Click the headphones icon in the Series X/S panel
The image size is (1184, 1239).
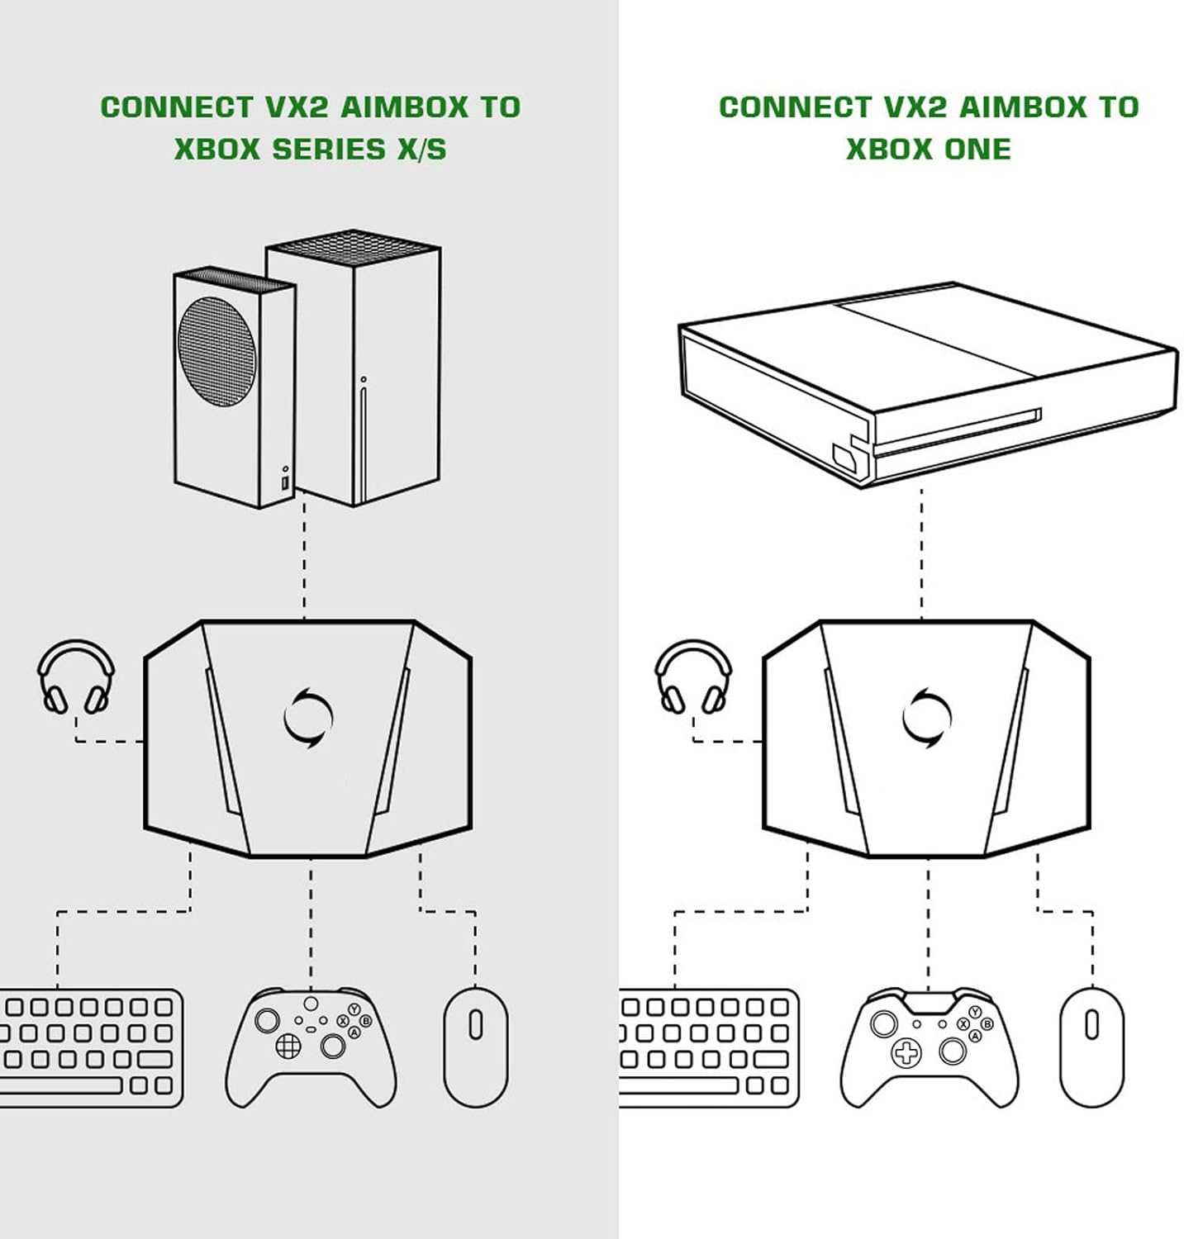(x=76, y=677)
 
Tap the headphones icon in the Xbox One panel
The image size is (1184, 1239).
(x=693, y=677)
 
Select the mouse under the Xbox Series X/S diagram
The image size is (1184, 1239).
(x=476, y=1047)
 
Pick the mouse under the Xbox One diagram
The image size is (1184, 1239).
(x=1091, y=1047)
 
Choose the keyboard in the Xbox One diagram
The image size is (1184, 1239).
(x=707, y=1047)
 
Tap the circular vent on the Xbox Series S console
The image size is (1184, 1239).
(x=217, y=351)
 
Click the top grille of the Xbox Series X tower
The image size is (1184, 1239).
(x=354, y=244)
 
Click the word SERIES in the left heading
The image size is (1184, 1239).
(x=329, y=150)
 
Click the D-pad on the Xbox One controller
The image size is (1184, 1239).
(x=906, y=1052)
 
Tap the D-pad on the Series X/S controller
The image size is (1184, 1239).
(x=288, y=1047)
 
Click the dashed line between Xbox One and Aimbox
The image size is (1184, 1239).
(x=921, y=553)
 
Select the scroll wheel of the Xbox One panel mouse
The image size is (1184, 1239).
(x=1091, y=1024)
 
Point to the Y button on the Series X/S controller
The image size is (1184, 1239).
(x=354, y=1009)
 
